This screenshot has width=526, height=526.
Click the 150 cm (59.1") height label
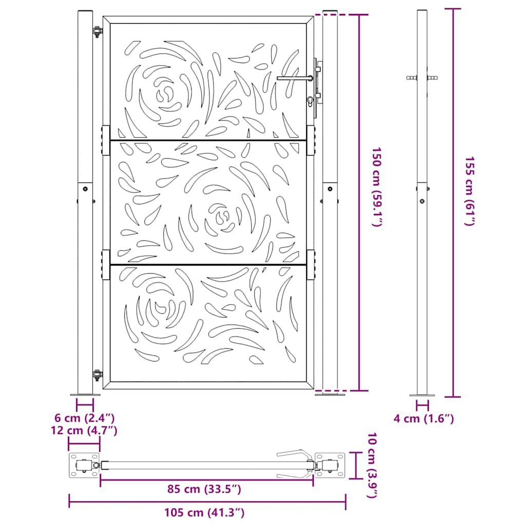click(378, 187)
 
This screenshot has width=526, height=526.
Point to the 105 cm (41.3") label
click(204, 512)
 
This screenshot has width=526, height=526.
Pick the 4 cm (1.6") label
click(424, 419)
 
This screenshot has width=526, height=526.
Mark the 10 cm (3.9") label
click(373, 465)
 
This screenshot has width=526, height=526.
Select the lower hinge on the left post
click(96, 375)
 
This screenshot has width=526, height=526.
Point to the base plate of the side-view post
click(422, 396)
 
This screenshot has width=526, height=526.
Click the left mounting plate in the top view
click(84, 465)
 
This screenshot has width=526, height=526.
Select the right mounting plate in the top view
click(330, 465)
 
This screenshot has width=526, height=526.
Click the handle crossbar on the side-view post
click(422, 78)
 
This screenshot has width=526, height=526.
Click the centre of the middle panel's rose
click(222, 217)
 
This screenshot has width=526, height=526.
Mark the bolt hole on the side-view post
click(422, 201)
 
